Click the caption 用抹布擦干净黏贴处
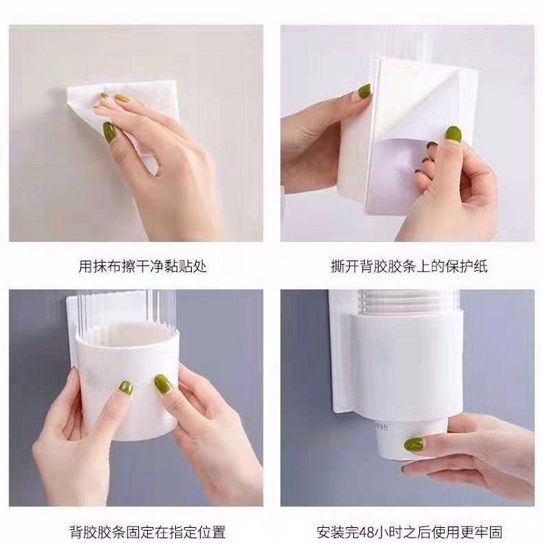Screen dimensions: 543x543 click(143, 266)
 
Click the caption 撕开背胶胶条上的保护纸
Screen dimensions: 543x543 click(409, 266)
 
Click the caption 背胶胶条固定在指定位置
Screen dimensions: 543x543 click(148, 531)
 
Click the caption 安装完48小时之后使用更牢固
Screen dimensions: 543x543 click(409, 531)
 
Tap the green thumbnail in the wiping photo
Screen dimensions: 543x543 click(109, 132)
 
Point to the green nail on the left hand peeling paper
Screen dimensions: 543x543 click(364, 91)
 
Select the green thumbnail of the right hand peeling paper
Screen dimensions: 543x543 click(453, 135)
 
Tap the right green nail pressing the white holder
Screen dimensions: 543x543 click(163, 384)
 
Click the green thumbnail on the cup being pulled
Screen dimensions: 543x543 click(414, 445)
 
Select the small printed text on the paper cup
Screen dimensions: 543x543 click(382, 426)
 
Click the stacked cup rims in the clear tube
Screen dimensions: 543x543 click(408, 302)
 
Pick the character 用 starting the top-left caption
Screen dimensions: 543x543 click(85, 266)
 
